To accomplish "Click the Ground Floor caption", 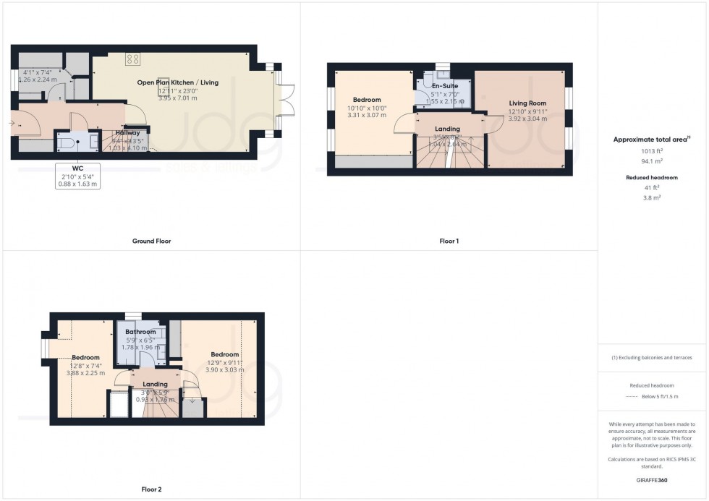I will [152, 241].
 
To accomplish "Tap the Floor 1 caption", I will [449, 241].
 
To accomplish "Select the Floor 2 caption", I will [150, 489].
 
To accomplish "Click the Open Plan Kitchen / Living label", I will [178, 82].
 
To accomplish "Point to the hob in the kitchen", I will [133, 59].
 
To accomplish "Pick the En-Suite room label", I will [445, 86].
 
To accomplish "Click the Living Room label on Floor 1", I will [527, 103].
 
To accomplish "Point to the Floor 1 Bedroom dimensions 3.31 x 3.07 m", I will [368, 115].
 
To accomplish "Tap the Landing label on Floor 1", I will [448, 129].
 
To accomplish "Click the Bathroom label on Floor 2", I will [140, 332].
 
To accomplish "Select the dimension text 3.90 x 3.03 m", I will [226, 370].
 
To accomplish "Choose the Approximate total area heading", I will [653, 140].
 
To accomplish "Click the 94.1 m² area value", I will [653, 162].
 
